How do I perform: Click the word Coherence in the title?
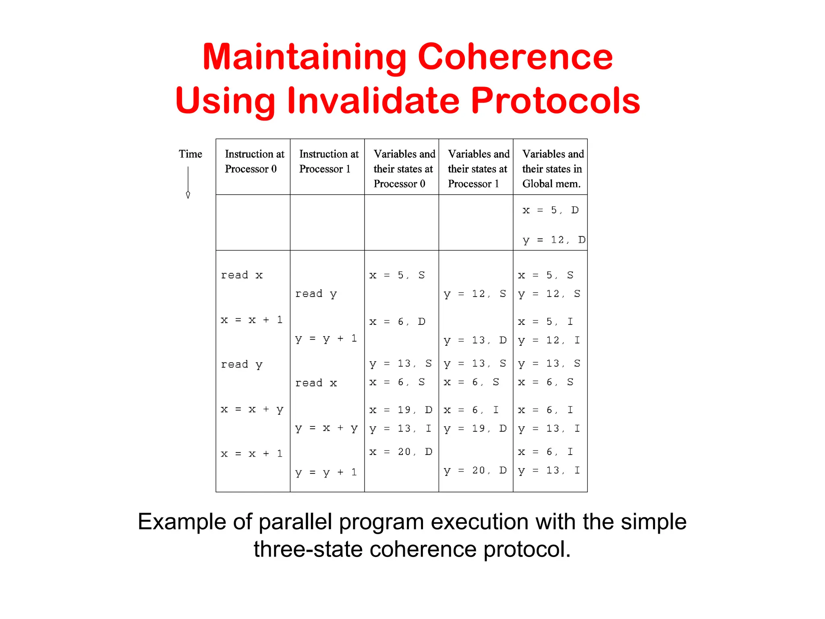coord(515,57)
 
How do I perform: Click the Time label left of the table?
coord(190,154)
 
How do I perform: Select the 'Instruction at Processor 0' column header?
coord(254,161)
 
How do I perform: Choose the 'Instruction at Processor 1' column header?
coord(328,161)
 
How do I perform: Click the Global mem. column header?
coord(552,169)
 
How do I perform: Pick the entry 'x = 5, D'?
coord(550,210)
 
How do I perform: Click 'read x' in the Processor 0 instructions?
coord(242,275)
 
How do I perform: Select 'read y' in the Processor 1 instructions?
coord(316,294)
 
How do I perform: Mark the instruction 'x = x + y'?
coord(252,410)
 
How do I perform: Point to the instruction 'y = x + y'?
coord(326,428)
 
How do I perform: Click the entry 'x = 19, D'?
coord(400,410)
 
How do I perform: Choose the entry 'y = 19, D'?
coord(475,428)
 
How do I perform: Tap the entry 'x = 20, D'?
coord(400,452)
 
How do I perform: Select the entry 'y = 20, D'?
coord(475,470)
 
